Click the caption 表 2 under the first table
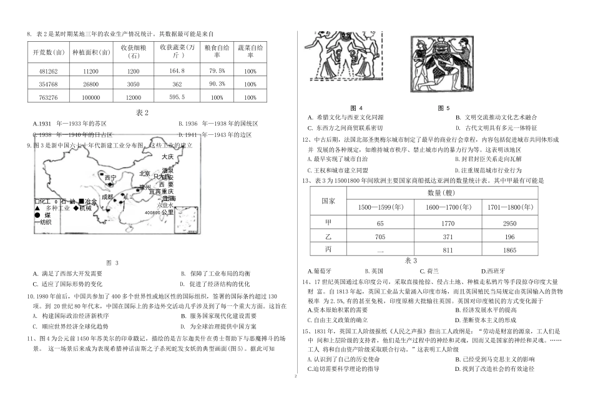(x=143, y=112)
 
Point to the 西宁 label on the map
(x=110, y=178)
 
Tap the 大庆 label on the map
(x=167, y=157)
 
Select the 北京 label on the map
(x=145, y=174)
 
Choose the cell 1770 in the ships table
(x=442, y=222)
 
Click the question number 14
(x=305, y=282)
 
